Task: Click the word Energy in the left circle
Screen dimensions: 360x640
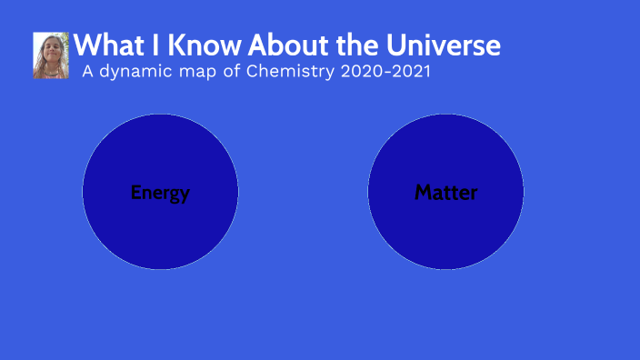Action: click(160, 193)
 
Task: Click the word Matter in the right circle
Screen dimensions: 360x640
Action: click(445, 193)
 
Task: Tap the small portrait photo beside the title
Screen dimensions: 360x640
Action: click(51, 55)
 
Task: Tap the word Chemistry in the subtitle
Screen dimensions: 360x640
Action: click(293, 72)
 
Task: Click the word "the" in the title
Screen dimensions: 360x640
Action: click(350, 45)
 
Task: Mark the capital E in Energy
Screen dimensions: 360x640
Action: click(136, 193)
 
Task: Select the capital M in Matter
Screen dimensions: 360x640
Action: click(423, 193)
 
